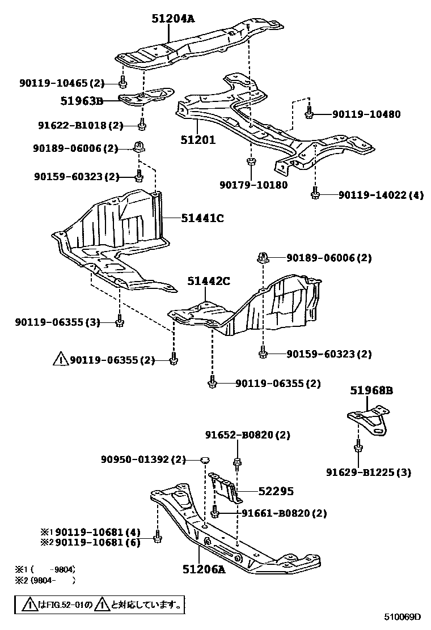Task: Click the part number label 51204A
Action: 172,19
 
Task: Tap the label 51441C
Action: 202,217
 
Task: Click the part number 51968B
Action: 371,390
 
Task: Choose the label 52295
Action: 276,491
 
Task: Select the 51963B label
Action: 82,101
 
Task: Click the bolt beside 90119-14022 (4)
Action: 315,194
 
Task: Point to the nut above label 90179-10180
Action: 250,163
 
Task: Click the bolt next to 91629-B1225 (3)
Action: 358,449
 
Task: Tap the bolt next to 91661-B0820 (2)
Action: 214,513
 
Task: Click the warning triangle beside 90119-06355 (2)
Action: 60,359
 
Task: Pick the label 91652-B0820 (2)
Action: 247,435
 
